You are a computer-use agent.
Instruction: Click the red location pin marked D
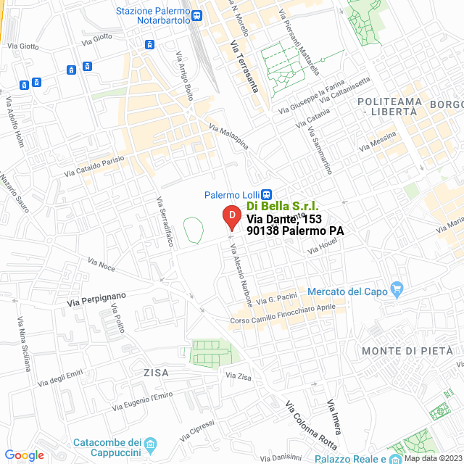tap(231, 217)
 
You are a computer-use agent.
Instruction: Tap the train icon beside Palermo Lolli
tap(267, 194)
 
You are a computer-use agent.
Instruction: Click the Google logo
tap(24, 455)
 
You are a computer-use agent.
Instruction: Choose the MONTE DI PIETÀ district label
tap(407, 351)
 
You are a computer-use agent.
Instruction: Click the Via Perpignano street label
tap(96, 298)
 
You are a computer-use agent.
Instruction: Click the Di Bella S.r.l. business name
tap(282, 207)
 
